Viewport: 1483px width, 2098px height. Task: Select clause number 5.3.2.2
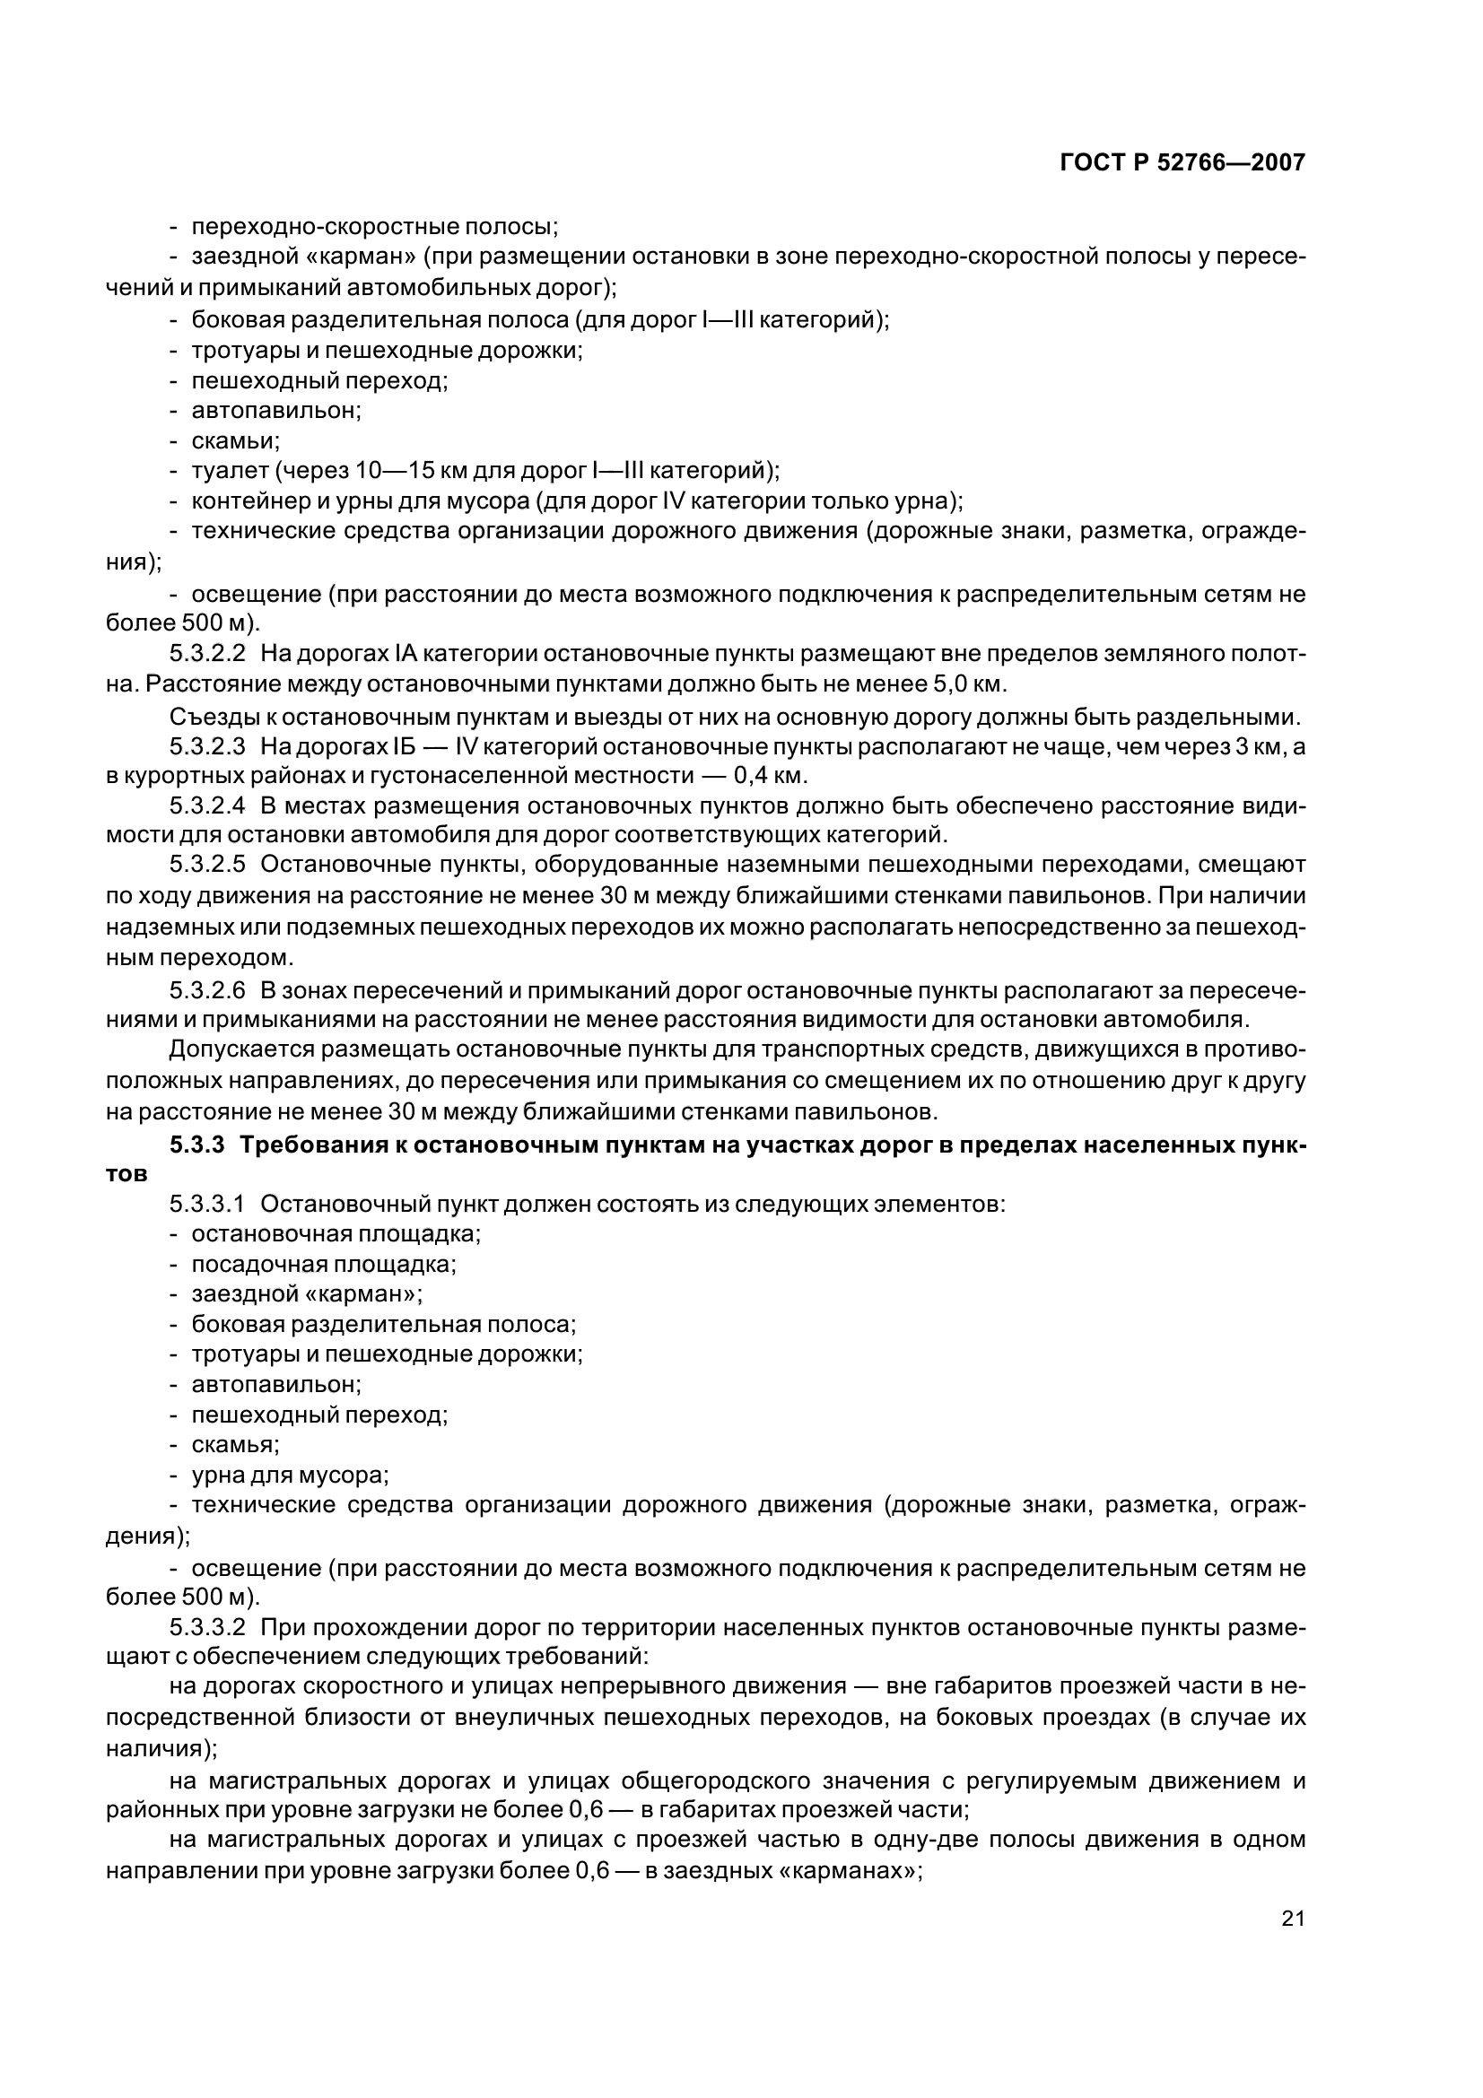pyautogui.click(x=207, y=654)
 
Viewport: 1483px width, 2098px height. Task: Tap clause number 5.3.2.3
pyautogui.click(x=207, y=746)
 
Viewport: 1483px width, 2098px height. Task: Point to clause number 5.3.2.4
pyautogui.click(x=207, y=806)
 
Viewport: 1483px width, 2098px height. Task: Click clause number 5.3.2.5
pyautogui.click(x=207, y=866)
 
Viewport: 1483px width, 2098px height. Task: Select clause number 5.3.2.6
pyautogui.click(x=207, y=991)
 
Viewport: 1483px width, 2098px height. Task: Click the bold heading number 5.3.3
pyautogui.click(x=196, y=1145)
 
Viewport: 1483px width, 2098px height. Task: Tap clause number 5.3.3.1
pyautogui.click(x=207, y=1205)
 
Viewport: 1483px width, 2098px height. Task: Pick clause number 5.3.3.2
pyautogui.click(x=207, y=1627)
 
